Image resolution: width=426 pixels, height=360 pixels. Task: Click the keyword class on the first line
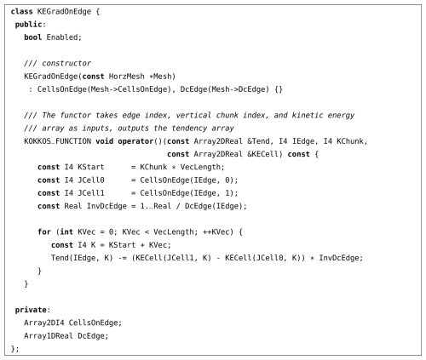coord(21,12)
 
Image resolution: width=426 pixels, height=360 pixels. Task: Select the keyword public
coord(28,25)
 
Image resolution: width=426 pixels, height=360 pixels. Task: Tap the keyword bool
coord(32,37)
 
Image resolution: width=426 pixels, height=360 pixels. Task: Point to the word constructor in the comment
coord(66,63)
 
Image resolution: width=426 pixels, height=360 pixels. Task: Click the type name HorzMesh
coord(127,77)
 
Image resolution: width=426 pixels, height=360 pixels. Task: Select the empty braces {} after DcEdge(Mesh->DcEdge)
coord(279,89)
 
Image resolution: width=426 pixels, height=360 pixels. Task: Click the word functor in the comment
coord(75,115)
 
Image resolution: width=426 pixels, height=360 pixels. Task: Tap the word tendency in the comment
coord(189,129)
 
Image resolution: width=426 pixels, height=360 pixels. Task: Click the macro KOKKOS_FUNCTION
coord(58,141)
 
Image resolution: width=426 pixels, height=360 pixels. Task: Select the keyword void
coord(104,141)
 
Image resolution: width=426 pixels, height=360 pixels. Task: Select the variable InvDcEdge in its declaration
coord(106,206)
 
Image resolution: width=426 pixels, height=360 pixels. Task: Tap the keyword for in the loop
coord(44,232)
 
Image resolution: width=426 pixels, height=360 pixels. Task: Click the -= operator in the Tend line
coord(122,258)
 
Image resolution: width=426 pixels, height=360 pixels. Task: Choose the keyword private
coord(31,310)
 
